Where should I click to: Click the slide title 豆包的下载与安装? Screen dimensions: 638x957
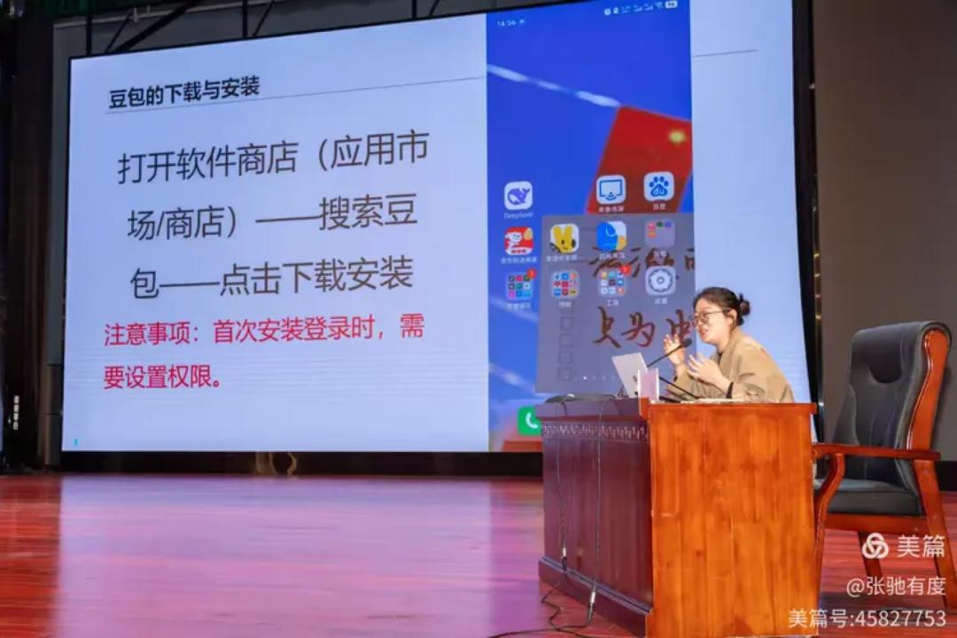(183, 91)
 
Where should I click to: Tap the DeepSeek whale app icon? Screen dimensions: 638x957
(518, 196)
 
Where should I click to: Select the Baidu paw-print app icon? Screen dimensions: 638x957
(658, 187)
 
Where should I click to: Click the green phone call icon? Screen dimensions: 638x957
(529, 421)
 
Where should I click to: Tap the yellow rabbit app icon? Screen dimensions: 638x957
(564, 238)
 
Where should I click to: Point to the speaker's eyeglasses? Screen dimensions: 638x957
(706, 315)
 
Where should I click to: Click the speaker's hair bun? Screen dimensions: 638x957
(743, 307)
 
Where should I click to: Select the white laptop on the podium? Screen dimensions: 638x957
(631, 375)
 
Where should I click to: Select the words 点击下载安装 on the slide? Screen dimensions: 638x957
(316, 276)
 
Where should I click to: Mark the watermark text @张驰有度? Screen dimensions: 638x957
(896, 586)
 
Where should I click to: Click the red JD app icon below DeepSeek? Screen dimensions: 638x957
(519, 242)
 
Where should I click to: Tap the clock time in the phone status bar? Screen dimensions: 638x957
(507, 23)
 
